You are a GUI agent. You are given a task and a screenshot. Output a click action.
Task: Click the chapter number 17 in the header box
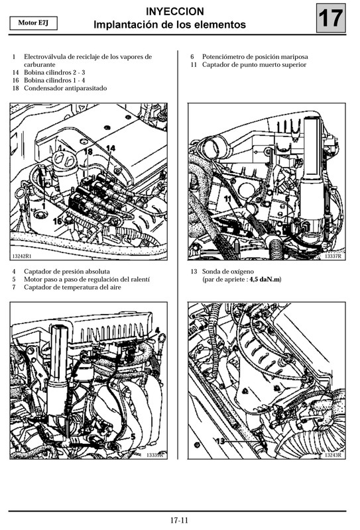pos(331,18)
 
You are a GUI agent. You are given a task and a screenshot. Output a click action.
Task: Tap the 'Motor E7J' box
pos(33,24)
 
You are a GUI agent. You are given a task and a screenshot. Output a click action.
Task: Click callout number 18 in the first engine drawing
pos(88,152)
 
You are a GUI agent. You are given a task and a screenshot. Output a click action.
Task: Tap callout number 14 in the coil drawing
pos(110,148)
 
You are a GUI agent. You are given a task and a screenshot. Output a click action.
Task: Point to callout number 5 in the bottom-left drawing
pos(133,437)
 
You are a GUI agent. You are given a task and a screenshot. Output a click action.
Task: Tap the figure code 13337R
pos(332,256)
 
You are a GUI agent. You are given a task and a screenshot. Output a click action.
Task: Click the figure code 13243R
pos(332,455)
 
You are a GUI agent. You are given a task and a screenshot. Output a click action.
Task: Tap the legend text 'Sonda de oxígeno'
pos(229,272)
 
